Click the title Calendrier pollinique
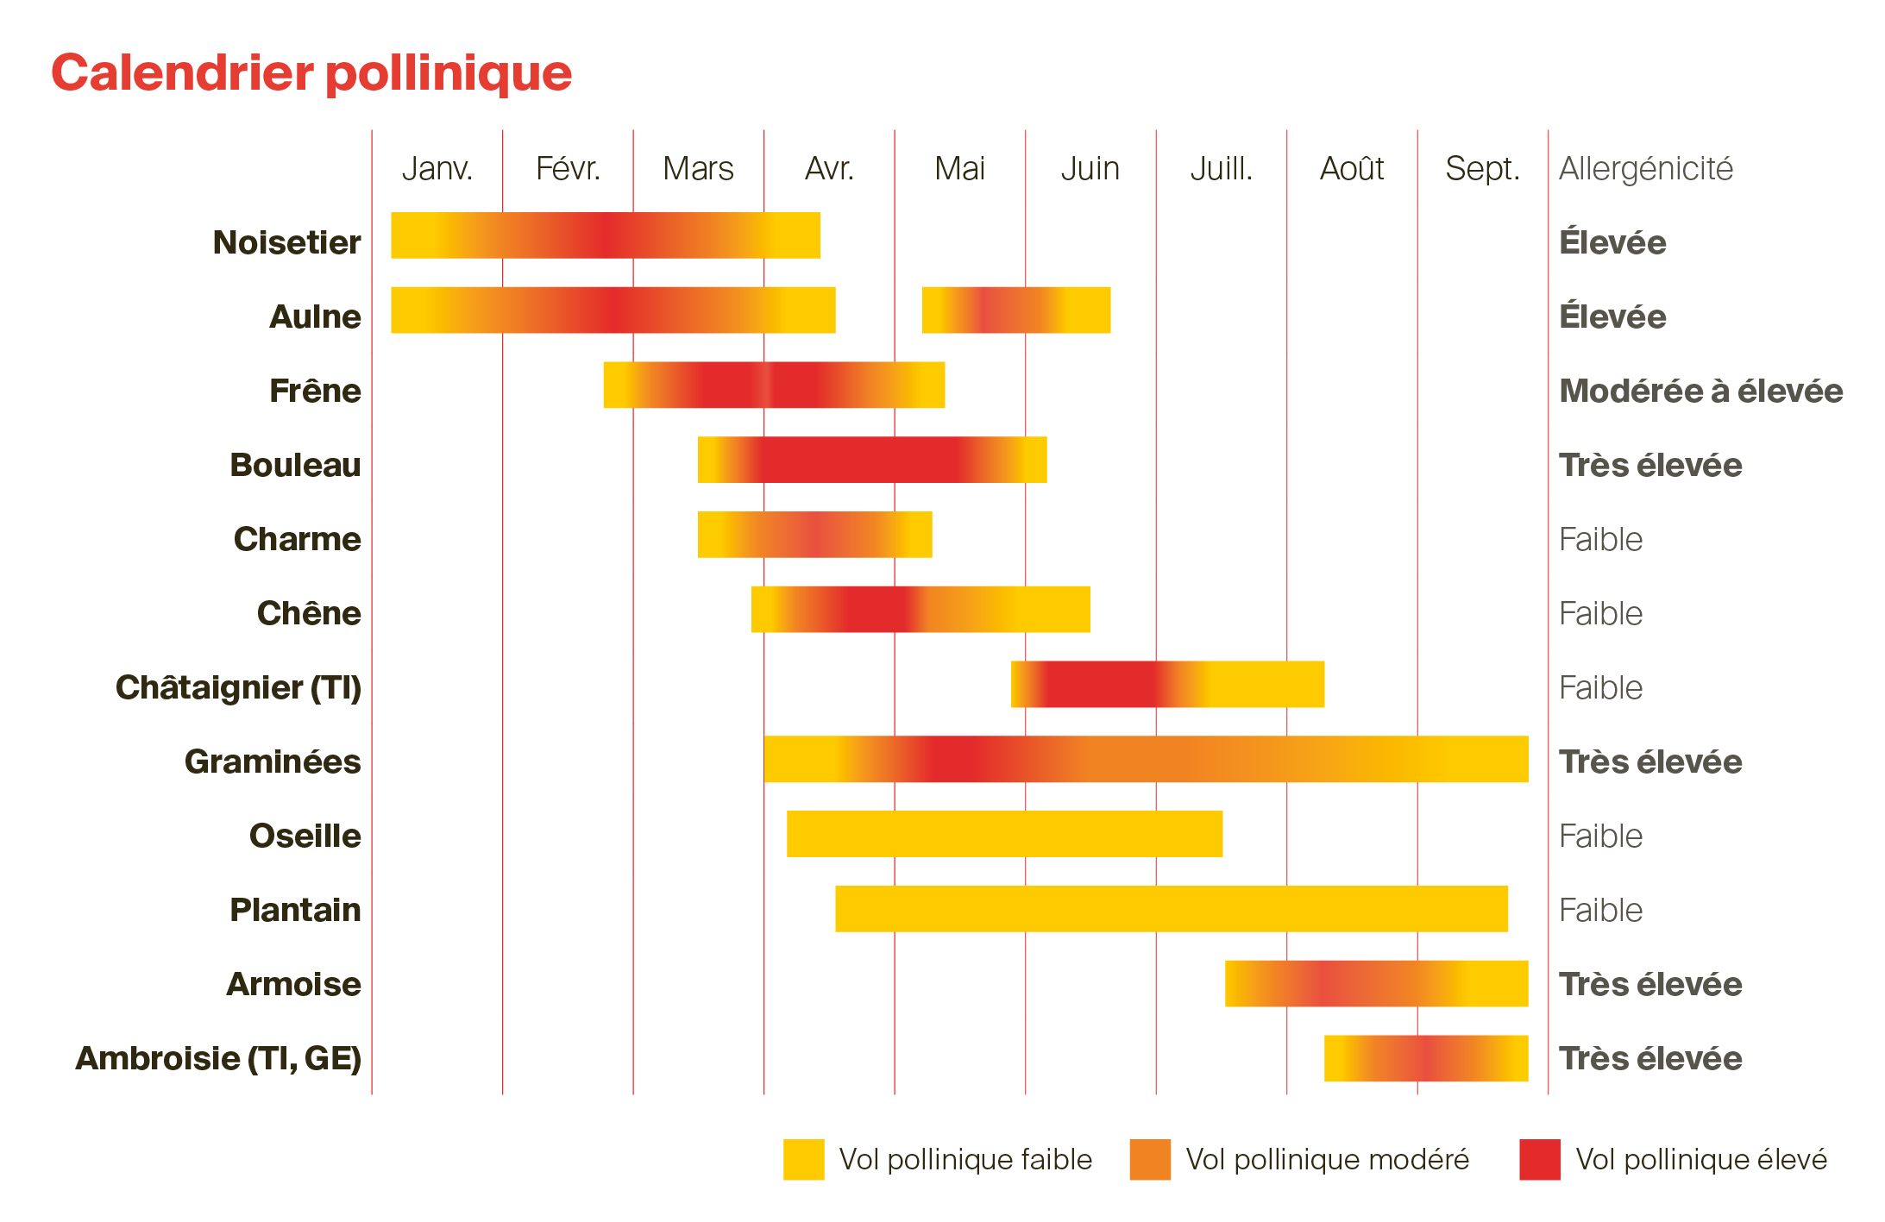(311, 72)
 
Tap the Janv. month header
(437, 168)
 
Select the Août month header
(1351, 168)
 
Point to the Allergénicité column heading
(1645, 168)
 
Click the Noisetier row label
(286, 242)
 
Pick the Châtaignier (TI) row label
(238, 687)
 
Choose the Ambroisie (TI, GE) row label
(218, 1058)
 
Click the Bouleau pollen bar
(871, 460)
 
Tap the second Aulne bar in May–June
(1015, 310)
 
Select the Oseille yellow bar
(1004, 834)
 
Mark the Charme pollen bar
(814, 535)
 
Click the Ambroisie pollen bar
(1425, 1058)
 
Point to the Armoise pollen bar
(1376, 983)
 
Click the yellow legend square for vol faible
(803, 1159)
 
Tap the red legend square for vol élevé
(1539, 1159)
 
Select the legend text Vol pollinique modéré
(1327, 1159)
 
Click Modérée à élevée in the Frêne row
(1700, 391)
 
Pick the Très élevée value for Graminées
(1649, 761)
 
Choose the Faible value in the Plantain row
(1600, 910)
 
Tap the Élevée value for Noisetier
(1612, 242)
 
